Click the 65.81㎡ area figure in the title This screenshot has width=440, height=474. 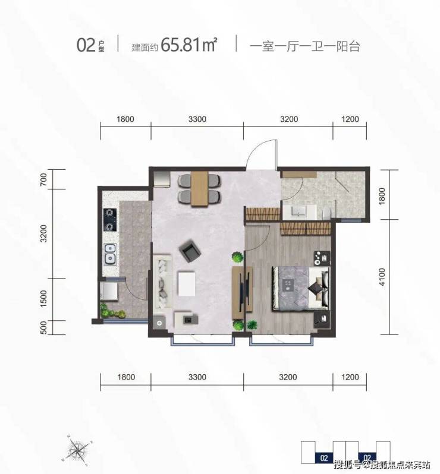tap(189, 45)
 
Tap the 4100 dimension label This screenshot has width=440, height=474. tap(382, 277)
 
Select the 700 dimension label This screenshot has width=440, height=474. tap(43, 179)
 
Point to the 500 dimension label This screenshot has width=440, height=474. tap(43, 328)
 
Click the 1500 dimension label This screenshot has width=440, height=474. tap(43, 299)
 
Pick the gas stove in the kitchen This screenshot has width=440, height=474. tap(110, 220)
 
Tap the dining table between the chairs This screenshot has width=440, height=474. tap(200, 189)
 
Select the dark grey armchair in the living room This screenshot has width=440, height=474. tap(190, 251)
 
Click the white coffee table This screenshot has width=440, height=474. tap(187, 283)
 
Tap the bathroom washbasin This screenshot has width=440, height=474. tap(300, 211)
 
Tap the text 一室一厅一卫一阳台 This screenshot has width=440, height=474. tap(305, 46)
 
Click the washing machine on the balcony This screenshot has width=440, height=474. tap(109, 291)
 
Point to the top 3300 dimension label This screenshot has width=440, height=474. tap(197, 119)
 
